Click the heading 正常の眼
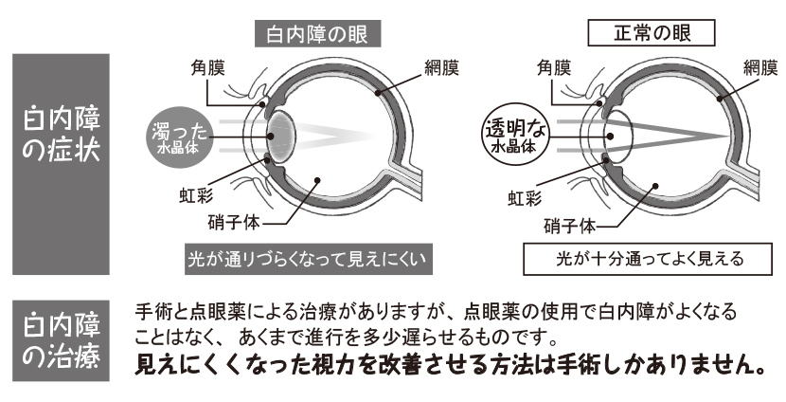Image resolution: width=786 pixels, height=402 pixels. pos(652,34)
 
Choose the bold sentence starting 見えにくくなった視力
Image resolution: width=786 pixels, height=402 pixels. pos(450,365)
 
